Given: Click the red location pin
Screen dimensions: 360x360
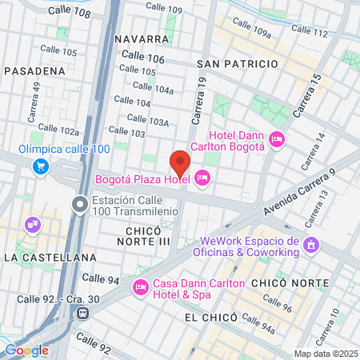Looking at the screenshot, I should [x=180, y=162].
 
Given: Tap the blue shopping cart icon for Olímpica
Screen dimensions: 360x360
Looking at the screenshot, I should [x=40, y=166].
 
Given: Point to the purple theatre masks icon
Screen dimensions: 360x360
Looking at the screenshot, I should [x=32, y=226].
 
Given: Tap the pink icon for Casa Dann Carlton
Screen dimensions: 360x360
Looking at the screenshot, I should [x=141, y=286].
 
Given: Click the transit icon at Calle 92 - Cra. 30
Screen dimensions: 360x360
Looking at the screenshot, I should [x=82, y=314].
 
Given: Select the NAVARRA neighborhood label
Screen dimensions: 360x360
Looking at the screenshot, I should [x=142, y=38].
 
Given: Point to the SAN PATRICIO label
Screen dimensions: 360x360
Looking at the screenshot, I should [x=237, y=63].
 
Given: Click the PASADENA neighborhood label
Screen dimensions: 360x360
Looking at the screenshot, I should [x=34, y=70].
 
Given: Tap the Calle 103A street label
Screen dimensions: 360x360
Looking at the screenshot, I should [x=149, y=122].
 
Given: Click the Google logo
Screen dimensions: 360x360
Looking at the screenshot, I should [x=26, y=350].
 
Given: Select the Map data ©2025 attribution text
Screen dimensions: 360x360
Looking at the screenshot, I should [x=325, y=354].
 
